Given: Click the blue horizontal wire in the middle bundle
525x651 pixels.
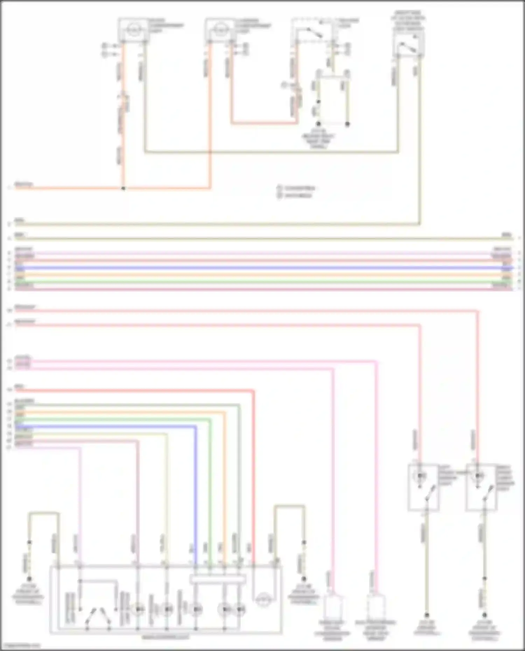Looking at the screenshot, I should tap(262, 268).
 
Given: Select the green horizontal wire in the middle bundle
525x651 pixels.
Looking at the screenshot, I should tap(262, 282).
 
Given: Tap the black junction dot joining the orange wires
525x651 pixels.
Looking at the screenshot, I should tap(123, 189).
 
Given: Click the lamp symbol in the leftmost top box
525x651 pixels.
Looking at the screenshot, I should tap(133, 29).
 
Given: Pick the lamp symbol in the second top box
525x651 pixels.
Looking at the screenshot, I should tap(220, 29).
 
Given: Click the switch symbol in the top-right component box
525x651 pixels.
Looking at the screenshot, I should tap(408, 48).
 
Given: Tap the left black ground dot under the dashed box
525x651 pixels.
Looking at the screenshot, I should tap(318, 124).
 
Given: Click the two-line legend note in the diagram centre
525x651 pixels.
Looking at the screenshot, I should tap(296, 192).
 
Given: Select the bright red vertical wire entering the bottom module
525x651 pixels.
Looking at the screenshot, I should tap(253, 490).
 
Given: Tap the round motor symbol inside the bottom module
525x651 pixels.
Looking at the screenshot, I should tap(262, 601).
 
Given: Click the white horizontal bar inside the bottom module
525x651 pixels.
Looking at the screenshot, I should tap(218, 580).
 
